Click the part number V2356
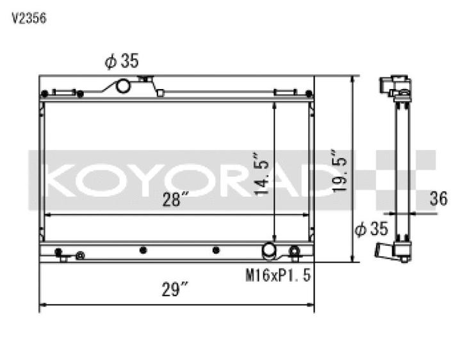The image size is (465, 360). [x=29, y=19]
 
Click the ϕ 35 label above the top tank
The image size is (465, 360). [x=121, y=61]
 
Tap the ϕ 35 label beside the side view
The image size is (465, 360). [x=371, y=227]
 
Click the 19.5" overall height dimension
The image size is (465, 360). [x=339, y=171]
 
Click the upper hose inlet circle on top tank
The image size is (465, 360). [x=122, y=86]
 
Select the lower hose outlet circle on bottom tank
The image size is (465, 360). [x=269, y=250]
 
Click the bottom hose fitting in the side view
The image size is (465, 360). [x=386, y=249]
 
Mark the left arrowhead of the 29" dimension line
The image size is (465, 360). [x=43, y=305]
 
